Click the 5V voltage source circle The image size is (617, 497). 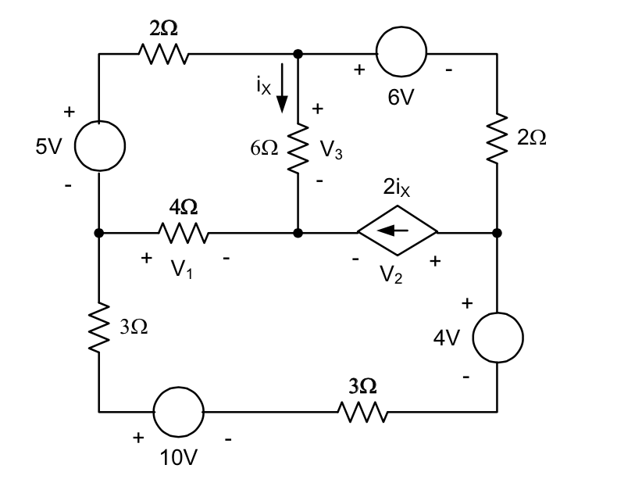99,146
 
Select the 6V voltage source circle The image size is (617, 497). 401,54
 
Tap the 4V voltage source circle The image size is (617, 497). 498,338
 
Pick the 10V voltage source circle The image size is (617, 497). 178,410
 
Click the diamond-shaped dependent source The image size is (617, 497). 398,232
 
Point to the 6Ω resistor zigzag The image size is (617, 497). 298,149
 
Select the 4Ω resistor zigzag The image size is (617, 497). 183,232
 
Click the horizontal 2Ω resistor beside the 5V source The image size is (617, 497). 163,54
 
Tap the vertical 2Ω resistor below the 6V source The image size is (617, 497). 498,138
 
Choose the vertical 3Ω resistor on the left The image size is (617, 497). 99,326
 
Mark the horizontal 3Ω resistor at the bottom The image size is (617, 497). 362,410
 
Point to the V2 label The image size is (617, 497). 394,276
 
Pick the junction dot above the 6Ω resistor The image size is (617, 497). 298,54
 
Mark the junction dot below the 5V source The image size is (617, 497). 99,232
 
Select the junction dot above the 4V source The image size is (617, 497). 498,232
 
